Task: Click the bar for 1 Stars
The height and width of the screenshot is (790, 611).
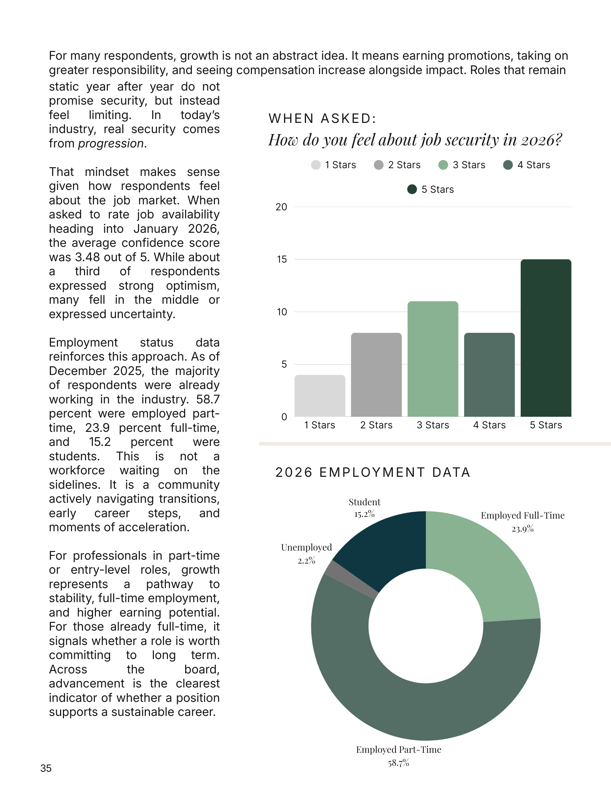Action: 320,396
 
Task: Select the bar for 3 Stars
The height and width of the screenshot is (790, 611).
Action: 433,359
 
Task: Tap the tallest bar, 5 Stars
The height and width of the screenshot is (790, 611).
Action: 546,338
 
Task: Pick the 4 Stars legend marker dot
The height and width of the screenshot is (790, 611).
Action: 508,165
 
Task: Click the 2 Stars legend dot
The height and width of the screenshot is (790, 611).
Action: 379,165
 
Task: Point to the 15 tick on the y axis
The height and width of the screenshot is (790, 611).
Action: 282,259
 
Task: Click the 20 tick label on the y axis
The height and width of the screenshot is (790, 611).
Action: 281,207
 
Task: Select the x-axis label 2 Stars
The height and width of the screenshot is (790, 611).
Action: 376,425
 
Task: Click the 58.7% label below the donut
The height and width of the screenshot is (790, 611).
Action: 398,763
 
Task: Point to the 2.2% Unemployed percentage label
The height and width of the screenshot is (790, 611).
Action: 307,561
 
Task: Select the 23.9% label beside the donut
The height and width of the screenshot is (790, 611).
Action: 522,529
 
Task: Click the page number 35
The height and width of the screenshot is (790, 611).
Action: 46,768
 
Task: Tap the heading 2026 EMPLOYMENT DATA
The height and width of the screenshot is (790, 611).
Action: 373,472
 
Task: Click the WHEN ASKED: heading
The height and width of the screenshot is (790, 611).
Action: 323,118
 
